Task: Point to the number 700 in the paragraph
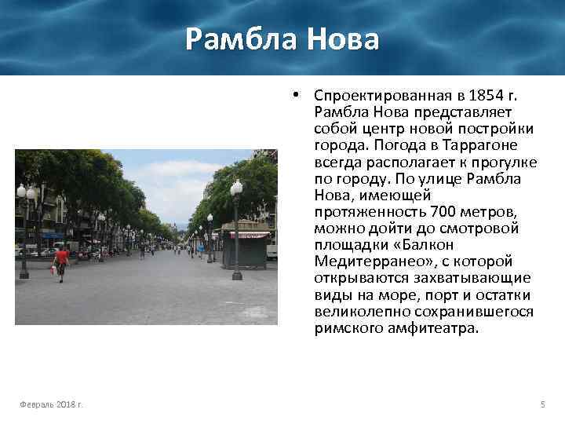pyautogui.click(x=445, y=211)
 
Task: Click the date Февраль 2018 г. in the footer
pyautogui.click(x=52, y=404)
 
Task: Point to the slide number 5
pyautogui.click(x=542, y=404)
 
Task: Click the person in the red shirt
pyautogui.click(x=61, y=258)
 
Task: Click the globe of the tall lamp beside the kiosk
pyautogui.click(x=236, y=187)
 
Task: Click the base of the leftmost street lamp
pyautogui.click(x=24, y=273)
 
